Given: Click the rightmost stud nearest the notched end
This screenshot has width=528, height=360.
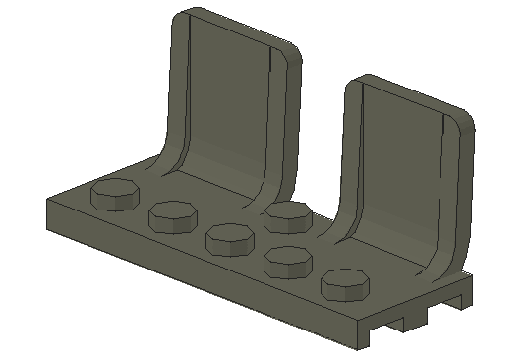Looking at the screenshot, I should pyautogui.click(x=345, y=283).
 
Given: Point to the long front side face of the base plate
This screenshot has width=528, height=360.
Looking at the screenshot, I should pyautogui.click(x=197, y=270).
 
